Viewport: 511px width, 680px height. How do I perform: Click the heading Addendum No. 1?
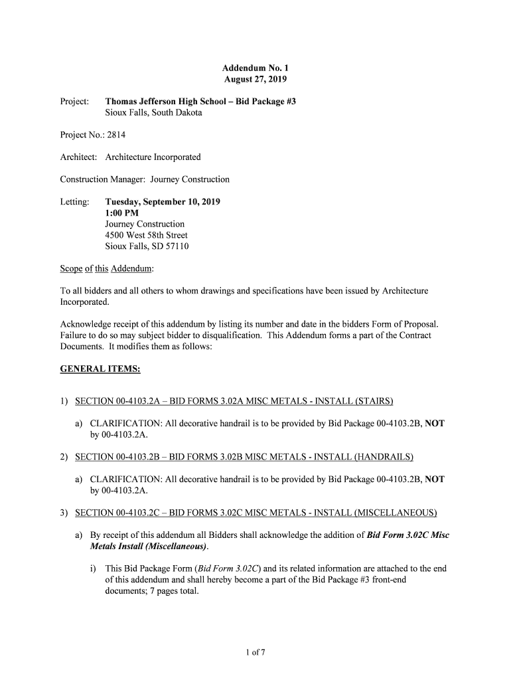click(256, 68)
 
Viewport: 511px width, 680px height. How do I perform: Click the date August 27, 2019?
click(256, 80)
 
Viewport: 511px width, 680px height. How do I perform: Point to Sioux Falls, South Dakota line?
click(154, 113)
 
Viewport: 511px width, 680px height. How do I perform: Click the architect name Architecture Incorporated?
click(153, 157)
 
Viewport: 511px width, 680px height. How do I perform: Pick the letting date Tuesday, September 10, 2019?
click(163, 202)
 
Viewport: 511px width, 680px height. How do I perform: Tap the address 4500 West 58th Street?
click(147, 235)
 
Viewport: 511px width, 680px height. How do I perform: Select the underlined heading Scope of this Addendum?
click(107, 268)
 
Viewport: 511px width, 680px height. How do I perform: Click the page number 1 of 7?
click(256, 652)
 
